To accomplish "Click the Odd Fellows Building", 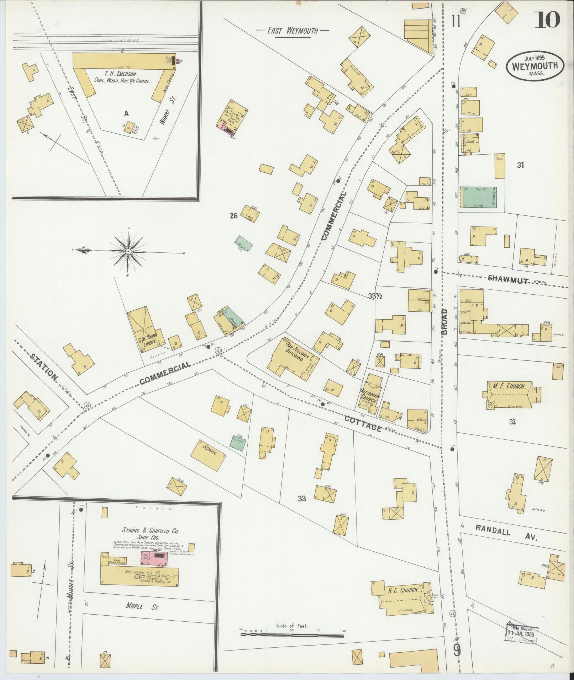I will click(294, 357).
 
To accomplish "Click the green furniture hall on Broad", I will click(478, 197).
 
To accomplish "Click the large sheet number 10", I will click(547, 20).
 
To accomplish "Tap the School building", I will click(209, 455).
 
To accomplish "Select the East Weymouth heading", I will click(293, 31).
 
